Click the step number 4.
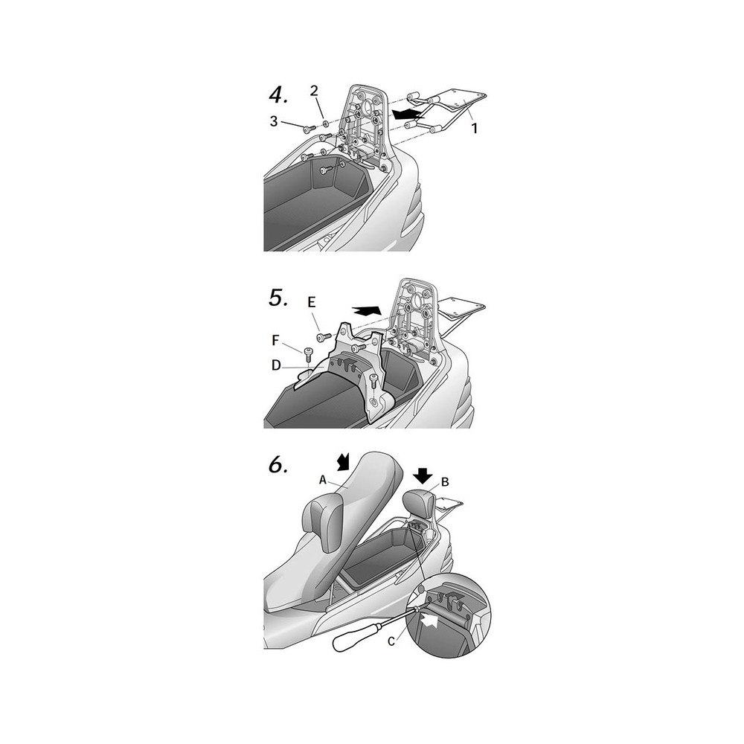tap(278, 96)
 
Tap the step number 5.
tap(278, 298)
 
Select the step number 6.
tap(278, 465)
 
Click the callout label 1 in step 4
tap(475, 128)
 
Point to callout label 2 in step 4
tap(314, 91)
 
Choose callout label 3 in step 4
tap(274, 121)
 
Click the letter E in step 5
tap(311, 302)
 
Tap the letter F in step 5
tap(275, 340)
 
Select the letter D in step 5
tap(276, 365)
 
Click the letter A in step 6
tap(323, 480)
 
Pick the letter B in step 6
tap(445, 482)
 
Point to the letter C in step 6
tap(391, 641)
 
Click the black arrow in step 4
tap(408, 114)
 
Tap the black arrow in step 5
tap(367, 310)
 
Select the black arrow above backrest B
tap(423, 474)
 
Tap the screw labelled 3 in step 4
tap(310, 128)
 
